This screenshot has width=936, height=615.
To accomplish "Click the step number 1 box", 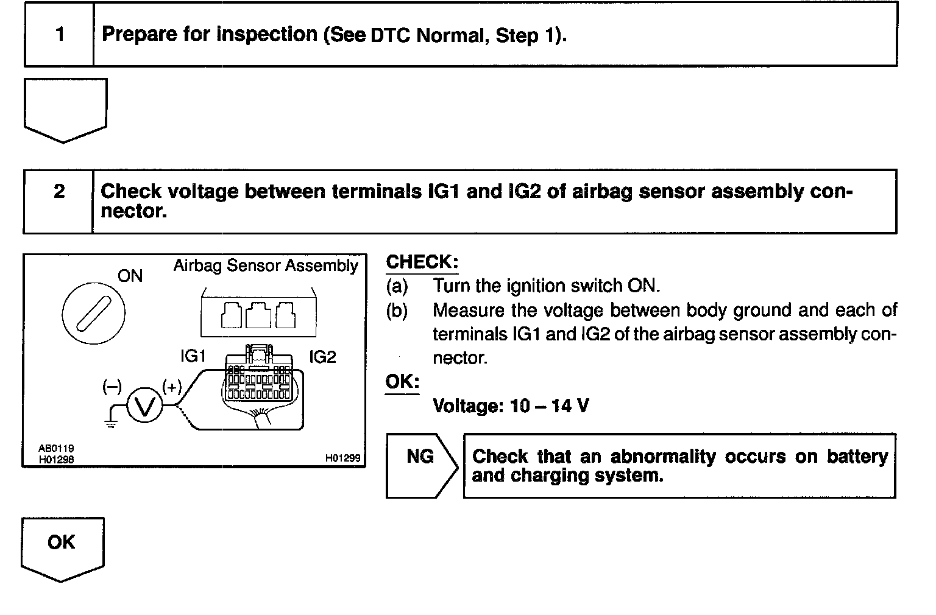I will pos(59,34).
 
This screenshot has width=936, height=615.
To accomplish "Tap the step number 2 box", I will pos(58,192).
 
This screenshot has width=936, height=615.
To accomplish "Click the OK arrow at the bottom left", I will pos(62,545).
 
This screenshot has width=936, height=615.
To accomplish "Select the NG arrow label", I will pos(420,457).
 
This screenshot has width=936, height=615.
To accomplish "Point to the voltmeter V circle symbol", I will pos(145,406).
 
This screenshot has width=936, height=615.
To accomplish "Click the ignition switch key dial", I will pos(93,314).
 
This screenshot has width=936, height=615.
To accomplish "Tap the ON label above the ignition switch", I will pos(130,276).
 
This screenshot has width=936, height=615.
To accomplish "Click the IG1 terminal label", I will pos(193,357).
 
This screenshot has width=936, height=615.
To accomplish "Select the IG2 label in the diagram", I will pos(322,357).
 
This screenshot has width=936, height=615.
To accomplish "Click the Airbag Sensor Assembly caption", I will pos(266,266).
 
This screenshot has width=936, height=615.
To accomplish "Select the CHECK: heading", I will pos(422,262).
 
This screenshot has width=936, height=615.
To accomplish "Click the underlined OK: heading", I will pos(402,382).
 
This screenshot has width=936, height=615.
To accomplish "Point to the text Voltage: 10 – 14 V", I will pos(511,406).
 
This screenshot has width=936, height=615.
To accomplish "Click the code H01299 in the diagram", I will pos(343,458).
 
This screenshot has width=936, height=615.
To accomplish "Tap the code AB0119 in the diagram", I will pos(57,449).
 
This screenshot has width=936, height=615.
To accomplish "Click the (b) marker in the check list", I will pos(397,311).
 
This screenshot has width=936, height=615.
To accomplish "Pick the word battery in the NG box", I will pos(857,457).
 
